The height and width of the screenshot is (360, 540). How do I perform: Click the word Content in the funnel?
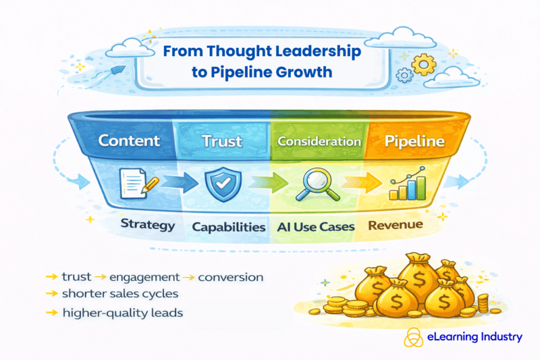129,142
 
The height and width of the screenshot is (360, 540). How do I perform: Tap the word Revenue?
396,224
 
